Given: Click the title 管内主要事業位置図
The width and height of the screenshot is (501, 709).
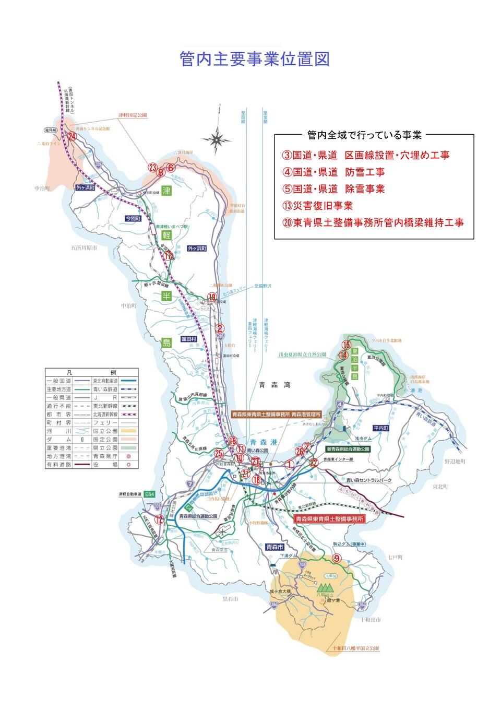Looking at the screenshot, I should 254,59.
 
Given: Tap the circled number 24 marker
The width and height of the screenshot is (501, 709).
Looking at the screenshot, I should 72,137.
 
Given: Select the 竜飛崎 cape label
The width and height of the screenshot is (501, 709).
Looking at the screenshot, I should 50,130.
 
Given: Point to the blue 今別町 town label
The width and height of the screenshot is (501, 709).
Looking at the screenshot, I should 133,218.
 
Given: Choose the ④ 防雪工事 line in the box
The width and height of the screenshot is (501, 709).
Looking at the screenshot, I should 333,172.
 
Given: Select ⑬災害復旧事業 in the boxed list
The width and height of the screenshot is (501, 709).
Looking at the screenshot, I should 318,206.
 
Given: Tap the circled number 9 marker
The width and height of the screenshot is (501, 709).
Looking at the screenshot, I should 337,558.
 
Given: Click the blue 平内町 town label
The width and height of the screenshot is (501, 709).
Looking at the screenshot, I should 381,428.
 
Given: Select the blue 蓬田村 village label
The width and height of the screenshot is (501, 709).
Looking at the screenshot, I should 188,339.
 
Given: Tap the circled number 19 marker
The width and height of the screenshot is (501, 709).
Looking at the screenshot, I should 212,297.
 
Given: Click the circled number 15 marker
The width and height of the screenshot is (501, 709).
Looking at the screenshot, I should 346,345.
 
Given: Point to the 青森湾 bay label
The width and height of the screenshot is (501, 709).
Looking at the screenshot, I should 274,385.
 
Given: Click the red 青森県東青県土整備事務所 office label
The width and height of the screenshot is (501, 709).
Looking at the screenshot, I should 329,519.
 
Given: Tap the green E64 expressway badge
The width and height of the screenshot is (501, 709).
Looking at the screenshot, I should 150,494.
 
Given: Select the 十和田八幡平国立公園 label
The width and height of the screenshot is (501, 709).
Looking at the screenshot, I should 355,648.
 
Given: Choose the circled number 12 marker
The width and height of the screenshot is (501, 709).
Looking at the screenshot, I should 159,519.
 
